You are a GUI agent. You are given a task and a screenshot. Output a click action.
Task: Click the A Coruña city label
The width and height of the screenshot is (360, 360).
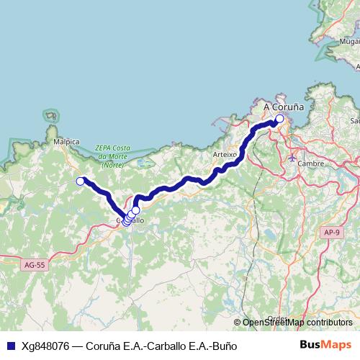pos(284,107)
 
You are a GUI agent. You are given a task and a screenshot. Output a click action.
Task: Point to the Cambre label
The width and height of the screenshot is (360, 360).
pos(311,163)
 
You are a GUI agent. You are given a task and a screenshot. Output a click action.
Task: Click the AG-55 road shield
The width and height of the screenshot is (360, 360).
pos(34,265)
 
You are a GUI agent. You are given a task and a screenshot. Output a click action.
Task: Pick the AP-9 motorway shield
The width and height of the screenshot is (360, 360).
pos(331,233)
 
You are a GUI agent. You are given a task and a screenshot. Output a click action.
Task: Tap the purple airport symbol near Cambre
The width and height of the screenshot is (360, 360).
pos(292,157)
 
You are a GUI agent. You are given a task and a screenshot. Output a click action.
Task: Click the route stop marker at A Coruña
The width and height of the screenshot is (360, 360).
pos(279,120)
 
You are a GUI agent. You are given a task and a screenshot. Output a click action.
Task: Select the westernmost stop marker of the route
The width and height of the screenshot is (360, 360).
pos(81,181)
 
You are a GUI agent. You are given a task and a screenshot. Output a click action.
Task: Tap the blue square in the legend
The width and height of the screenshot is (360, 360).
pos(10,346)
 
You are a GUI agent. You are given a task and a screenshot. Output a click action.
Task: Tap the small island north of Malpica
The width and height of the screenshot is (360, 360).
pos(50,115)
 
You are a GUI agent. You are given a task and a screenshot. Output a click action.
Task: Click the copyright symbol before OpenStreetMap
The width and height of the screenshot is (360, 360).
pos(237,323)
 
